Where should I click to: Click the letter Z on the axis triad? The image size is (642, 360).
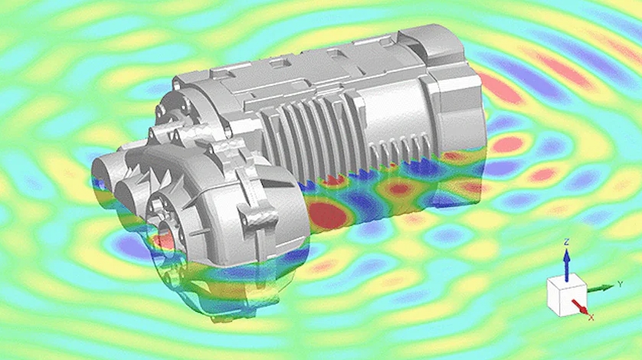[567, 243]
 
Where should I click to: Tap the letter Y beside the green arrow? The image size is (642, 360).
[621, 284]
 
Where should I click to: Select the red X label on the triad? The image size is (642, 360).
[591, 317]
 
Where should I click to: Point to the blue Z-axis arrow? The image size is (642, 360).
[567, 265]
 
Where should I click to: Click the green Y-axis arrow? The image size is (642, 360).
[601, 288]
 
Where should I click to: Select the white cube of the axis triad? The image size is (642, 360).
[567, 296]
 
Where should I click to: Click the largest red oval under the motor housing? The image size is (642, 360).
[329, 214]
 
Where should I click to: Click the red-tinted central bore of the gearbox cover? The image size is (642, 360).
[166, 239]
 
